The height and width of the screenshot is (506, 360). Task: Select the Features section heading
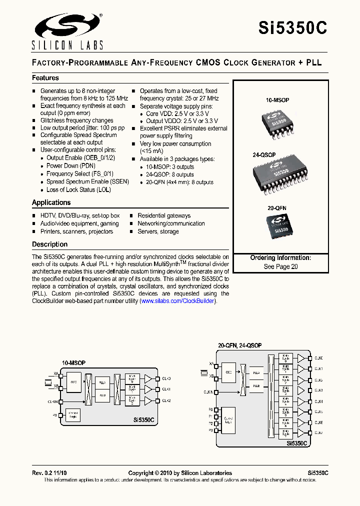click(45, 78)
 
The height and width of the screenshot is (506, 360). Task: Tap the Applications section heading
click(51, 202)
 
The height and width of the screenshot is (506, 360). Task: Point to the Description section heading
click(49, 244)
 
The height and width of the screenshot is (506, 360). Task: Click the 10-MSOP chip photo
click(277, 122)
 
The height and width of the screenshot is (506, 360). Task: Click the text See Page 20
click(280, 266)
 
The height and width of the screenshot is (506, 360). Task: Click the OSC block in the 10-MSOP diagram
click(73, 382)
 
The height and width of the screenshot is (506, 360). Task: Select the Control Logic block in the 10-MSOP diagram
click(73, 414)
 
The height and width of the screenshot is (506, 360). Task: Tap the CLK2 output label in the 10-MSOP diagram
click(166, 401)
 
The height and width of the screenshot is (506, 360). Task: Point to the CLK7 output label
click(318, 432)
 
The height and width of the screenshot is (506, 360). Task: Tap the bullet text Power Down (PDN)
click(69, 165)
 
